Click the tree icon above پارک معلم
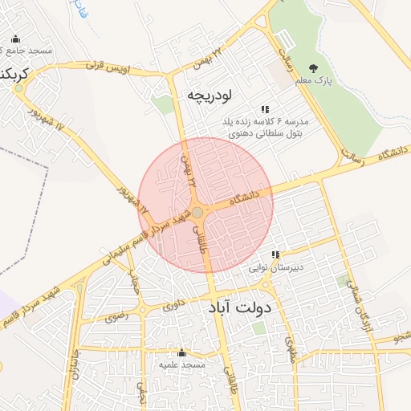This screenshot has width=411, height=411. [x=313, y=68]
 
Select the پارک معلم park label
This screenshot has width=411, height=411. [x=313, y=81]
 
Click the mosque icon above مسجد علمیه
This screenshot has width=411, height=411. [x=181, y=352]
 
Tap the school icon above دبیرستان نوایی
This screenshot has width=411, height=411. [x=275, y=255]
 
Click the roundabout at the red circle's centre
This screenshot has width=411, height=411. [x=197, y=212]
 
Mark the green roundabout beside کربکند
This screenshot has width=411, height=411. [x=18, y=88]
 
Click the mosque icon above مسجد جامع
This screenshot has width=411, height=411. [x=16, y=39]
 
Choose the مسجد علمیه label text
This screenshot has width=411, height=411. [x=182, y=364]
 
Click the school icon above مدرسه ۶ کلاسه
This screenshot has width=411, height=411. [x=265, y=109]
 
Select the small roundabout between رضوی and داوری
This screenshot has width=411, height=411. [x=143, y=310]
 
